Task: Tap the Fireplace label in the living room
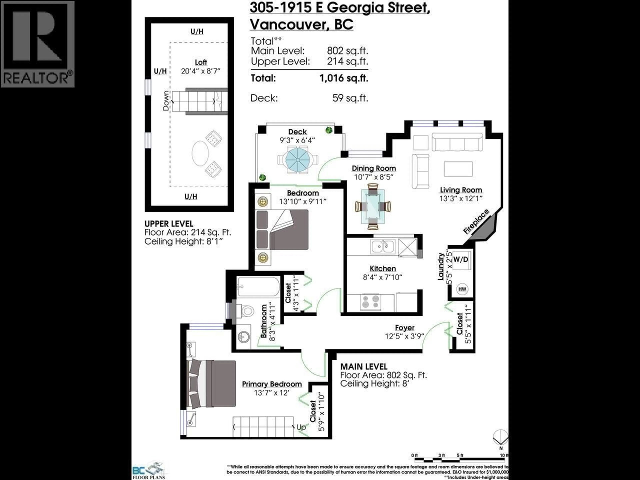[476, 222]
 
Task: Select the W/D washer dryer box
[461, 259]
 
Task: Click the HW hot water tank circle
[462, 289]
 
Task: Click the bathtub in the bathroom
[258, 287]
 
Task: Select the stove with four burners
[371, 302]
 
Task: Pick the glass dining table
[373, 206]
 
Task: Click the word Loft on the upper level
[201, 62]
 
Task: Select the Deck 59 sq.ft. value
[350, 98]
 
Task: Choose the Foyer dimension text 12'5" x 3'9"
[404, 336]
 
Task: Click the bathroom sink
[244, 336]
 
